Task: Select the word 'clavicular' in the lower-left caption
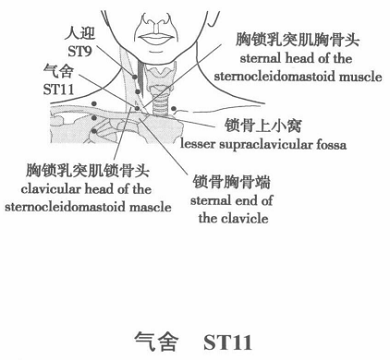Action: tap(60, 190)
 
